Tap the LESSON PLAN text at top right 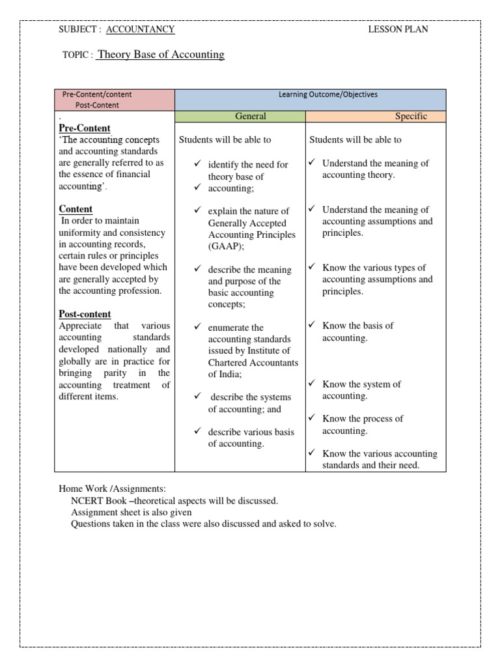point(398,29)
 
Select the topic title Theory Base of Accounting point(160,55)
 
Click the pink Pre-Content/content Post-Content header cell point(115,100)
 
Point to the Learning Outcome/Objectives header point(327,94)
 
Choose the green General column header point(250,117)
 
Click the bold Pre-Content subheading point(85,128)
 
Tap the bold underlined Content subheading point(76,209)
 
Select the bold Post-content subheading point(85,314)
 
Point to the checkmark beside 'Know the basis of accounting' point(312,325)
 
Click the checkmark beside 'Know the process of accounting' point(312,418)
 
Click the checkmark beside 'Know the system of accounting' point(312,384)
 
